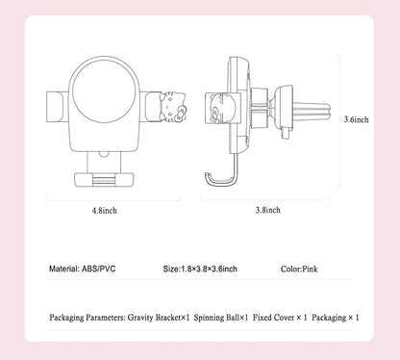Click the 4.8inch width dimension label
tap(105, 211)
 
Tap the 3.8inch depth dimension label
tap(268, 210)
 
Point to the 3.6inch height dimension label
tap(357, 119)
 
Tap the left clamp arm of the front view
tap(58, 107)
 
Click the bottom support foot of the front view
tap(104, 180)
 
